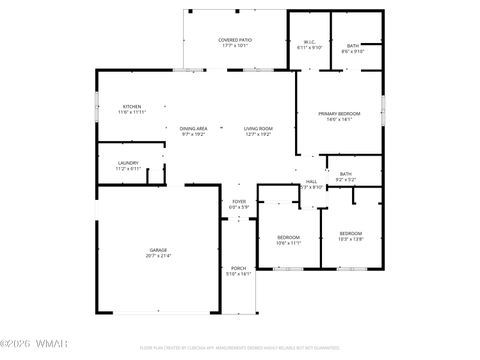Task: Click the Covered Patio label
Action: [x=235, y=40]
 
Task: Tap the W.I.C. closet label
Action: [x=309, y=42]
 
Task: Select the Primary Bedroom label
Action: [x=339, y=114]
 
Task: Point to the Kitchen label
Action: [x=132, y=106]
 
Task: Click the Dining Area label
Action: [x=194, y=128]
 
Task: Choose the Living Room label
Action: [x=258, y=128]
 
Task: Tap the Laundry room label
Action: [x=128, y=163]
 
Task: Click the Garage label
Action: [x=158, y=250]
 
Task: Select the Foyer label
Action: [x=239, y=202]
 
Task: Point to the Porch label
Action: [x=239, y=268]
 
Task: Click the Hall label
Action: [x=311, y=181]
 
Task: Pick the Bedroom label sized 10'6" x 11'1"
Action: [x=288, y=236]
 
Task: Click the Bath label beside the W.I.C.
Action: [x=353, y=45]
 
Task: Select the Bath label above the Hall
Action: [x=345, y=174]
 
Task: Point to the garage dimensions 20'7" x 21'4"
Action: [x=158, y=256]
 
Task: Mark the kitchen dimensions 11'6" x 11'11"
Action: [x=132, y=112]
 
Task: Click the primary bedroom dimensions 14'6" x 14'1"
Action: [x=339, y=120]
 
